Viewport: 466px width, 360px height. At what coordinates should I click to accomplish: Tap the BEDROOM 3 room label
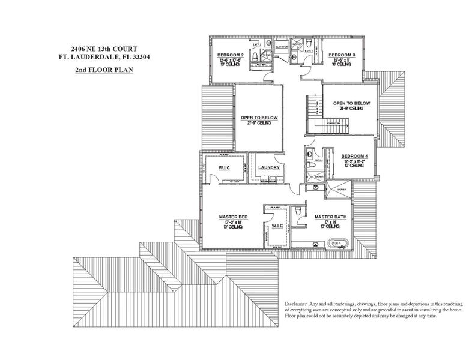coord(342,55)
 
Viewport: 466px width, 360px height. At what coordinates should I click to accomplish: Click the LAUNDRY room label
coord(268,167)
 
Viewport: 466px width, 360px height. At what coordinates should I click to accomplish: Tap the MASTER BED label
coord(233,216)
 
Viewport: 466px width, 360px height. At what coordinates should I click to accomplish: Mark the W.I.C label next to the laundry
coord(225,167)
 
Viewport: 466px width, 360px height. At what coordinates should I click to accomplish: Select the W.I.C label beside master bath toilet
coord(277,226)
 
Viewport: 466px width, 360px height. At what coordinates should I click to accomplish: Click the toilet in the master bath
coord(300,213)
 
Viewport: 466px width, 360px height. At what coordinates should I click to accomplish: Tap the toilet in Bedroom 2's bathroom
coord(255,56)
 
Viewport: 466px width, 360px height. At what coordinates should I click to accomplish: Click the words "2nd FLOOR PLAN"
coord(101,70)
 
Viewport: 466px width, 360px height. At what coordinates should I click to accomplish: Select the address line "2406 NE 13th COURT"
coord(101,50)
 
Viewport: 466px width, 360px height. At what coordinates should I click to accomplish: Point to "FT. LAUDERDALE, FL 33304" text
coord(101,58)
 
